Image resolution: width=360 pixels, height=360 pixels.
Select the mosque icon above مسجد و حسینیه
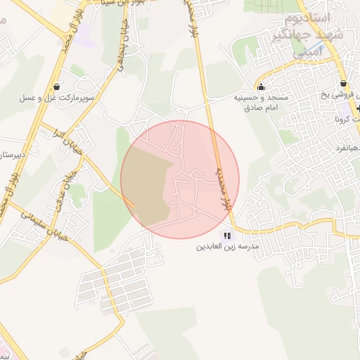click(x=262, y=87)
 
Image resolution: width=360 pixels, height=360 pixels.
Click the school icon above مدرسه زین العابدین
click(x=226, y=236)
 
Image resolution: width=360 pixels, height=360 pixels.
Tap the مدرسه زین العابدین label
click(x=227, y=247)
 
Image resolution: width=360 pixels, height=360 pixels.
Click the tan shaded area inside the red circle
click(x=149, y=184)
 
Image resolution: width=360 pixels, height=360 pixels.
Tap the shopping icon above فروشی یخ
click(x=343, y=82)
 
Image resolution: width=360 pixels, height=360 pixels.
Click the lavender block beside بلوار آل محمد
click(x=84, y=33)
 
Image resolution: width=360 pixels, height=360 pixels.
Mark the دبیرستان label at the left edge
click(x=12, y=152)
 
